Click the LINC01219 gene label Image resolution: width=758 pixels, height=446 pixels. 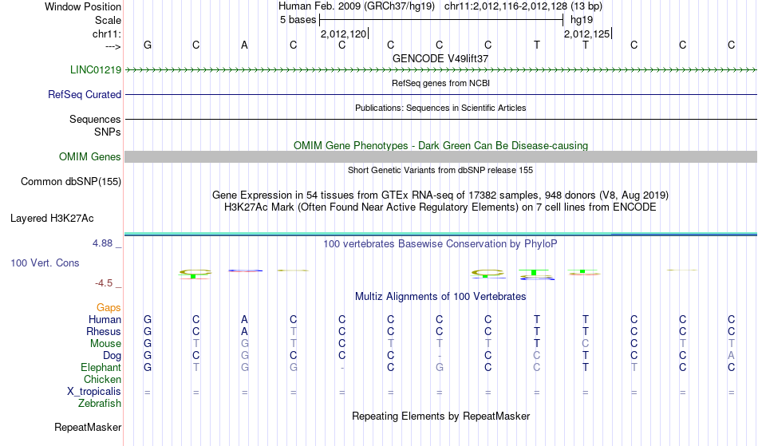[x=96, y=69]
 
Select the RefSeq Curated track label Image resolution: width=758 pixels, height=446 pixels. [x=85, y=94]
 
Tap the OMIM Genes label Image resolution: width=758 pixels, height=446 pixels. [x=90, y=156]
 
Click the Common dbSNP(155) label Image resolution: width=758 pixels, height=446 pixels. [x=71, y=182]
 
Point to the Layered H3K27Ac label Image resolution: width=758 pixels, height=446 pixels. [x=52, y=219]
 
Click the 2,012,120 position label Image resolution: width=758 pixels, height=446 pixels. [x=344, y=34]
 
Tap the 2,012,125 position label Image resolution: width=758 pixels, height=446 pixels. [x=587, y=34]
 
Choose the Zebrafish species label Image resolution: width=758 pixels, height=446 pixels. [x=100, y=403]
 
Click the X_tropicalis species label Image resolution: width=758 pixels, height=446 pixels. [x=94, y=392]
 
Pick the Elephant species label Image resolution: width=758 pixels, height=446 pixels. [x=101, y=367]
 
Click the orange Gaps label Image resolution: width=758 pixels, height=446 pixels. [x=109, y=308]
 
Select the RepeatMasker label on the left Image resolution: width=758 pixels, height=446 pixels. [x=88, y=427]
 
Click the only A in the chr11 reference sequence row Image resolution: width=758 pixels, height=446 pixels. [x=245, y=45]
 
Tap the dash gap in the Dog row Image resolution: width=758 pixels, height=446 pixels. [x=440, y=356]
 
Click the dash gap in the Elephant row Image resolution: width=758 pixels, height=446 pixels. [x=342, y=368]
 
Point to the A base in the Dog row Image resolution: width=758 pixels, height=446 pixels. [x=732, y=356]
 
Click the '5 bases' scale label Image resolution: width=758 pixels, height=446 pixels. [x=298, y=20]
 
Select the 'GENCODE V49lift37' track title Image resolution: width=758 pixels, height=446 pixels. [x=440, y=58]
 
